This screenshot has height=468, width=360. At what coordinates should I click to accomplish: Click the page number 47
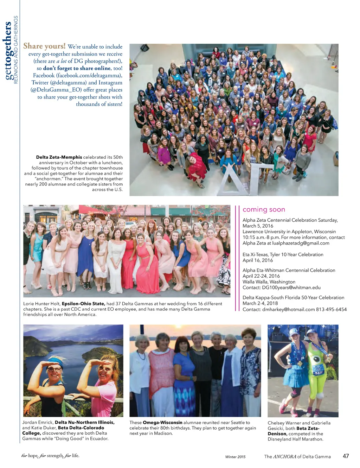click(x=346, y=456)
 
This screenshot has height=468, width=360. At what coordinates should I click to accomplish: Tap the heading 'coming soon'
click(x=264, y=210)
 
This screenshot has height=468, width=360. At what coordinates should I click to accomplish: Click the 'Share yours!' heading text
click(x=44, y=46)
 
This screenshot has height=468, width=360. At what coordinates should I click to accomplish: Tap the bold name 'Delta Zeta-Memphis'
click(x=59, y=157)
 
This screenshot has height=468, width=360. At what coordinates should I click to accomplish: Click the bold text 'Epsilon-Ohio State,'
click(x=83, y=304)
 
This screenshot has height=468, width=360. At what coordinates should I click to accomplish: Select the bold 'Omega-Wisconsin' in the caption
click(x=162, y=423)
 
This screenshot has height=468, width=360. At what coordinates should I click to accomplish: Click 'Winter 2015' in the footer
click(x=235, y=457)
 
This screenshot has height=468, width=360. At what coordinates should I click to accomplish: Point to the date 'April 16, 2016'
click(x=258, y=260)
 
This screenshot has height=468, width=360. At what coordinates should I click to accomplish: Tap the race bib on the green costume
click(x=319, y=371)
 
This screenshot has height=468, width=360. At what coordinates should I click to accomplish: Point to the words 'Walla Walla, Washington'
click(x=269, y=282)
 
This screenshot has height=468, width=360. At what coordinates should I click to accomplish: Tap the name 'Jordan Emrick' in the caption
click(x=38, y=422)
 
